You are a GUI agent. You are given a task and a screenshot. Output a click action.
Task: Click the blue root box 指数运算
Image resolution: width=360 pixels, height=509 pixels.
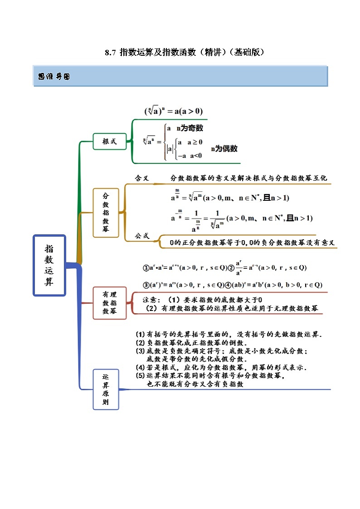49,265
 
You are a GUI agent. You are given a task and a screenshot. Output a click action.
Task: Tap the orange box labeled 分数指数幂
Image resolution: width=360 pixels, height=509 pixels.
106,213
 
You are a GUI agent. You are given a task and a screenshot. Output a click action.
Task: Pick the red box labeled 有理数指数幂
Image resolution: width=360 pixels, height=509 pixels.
109,302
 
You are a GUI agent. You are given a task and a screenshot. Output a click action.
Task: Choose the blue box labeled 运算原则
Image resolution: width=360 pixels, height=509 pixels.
106,389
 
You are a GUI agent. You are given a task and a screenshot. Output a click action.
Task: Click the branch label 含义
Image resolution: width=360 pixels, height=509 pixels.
141,178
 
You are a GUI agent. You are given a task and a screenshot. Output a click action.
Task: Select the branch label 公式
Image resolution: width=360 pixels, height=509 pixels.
142,236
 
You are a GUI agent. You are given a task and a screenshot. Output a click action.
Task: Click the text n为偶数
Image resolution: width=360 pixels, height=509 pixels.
224,149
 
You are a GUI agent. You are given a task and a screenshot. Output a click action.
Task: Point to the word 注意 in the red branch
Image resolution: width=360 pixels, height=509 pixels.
151,300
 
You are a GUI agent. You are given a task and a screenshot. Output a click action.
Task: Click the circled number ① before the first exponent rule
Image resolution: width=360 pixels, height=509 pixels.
146,268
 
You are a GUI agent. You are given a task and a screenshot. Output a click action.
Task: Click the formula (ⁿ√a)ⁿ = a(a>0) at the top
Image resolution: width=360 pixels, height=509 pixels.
174,111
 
